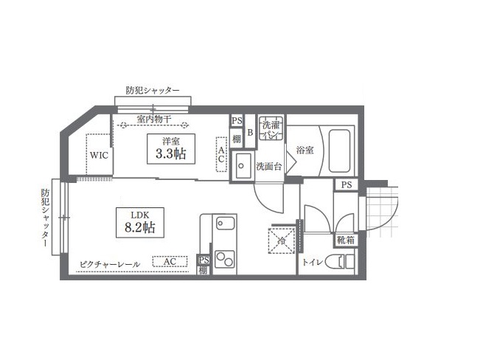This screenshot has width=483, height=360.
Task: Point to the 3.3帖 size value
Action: tap(170, 154)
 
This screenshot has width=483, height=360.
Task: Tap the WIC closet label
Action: tap(99, 156)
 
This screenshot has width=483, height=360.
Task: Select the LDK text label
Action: tap(140, 215)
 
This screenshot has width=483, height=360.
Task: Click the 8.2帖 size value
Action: tap(139, 228)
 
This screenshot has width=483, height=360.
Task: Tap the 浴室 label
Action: tap(305, 150)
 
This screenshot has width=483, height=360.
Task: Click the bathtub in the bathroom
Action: tap(339, 151)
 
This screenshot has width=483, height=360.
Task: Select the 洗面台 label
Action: tap(269, 167)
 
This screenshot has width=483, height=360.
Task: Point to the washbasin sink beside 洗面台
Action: tap(243, 165)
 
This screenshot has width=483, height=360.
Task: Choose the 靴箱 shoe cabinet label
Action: tap(345, 240)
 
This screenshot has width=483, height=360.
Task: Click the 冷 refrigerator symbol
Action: tap(282, 240)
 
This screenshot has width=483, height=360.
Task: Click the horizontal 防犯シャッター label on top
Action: tap(153, 90)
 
